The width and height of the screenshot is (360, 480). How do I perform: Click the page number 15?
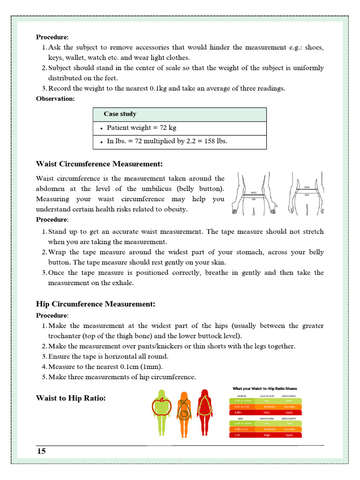(42, 451)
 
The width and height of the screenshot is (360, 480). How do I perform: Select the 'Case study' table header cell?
(120, 114)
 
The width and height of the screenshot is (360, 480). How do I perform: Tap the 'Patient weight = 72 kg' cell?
(142, 127)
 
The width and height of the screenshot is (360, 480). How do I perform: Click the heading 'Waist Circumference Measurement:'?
(99, 164)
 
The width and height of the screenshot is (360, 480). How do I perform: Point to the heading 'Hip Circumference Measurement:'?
(96, 304)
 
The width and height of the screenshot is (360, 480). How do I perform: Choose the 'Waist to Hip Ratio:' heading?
(71, 398)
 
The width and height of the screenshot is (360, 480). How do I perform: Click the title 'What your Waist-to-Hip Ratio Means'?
(265, 389)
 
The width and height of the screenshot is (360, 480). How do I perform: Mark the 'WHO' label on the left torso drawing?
(254, 193)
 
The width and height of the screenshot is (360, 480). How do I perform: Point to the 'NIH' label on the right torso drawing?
(307, 195)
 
